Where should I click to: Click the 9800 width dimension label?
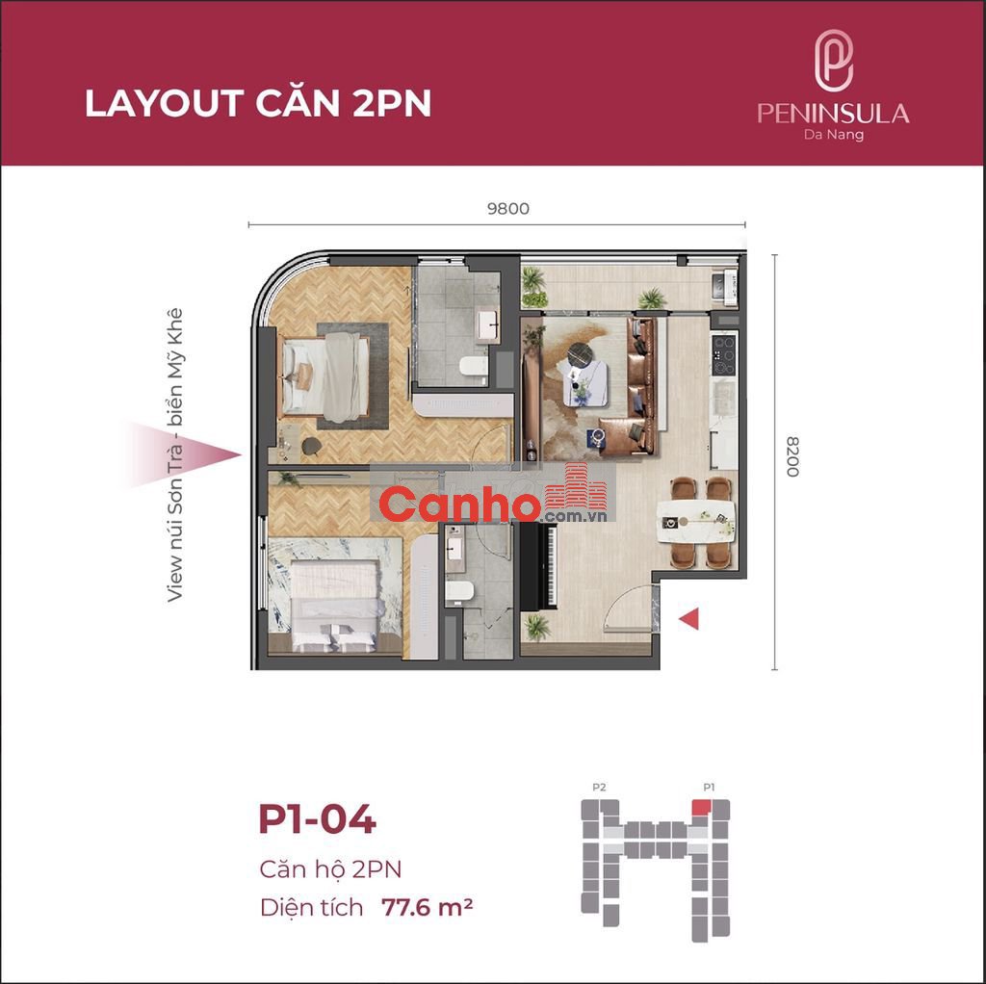pyautogui.click(x=508, y=208)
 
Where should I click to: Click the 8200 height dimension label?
pyautogui.click(x=792, y=456)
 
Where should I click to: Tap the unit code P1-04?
pyautogui.click(x=318, y=819)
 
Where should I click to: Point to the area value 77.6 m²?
pyautogui.click(x=427, y=907)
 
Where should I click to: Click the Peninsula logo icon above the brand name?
pyautogui.click(x=833, y=61)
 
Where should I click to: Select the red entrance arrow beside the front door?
pyautogui.click(x=688, y=619)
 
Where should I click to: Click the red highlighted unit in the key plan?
pyautogui.click(x=701, y=807)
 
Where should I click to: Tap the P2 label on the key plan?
pyautogui.click(x=599, y=788)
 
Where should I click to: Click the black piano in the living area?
pyautogui.click(x=538, y=565)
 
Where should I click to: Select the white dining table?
pyautogui.click(x=696, y=521)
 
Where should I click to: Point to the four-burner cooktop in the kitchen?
pyautogui.click(x=723, y=354)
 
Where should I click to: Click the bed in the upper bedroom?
pyautogui.click(x=325, y=377)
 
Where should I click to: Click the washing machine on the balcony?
pyautogui.click(x=724, y=287)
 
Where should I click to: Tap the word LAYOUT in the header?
pyautogui.click(x=165, y=103)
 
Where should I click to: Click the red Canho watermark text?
pyautogui.click(x=460, y=505)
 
